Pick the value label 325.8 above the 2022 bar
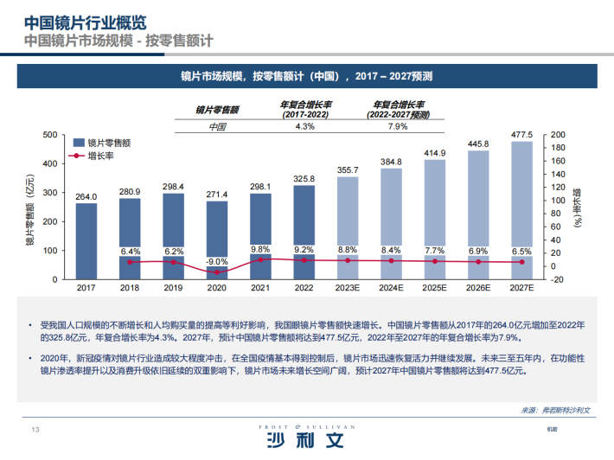[x=304, y=178]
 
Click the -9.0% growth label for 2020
[x=217, y=260]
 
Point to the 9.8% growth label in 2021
[x=260, y=250]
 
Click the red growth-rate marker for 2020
[x=217, y=272]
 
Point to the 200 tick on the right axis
[x=558, y=134]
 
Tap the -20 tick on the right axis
[x=557, y=279]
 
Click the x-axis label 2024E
[x=392, y=288]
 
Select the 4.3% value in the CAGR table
[x=304, y=126]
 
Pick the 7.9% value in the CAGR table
[x=397, y=126]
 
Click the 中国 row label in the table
[x=217, y=126]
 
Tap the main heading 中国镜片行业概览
[x=85, y=22]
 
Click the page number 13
[x=36, y=431]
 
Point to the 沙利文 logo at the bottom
[x=306, y=441]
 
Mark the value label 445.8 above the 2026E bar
[x=479, y=144]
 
